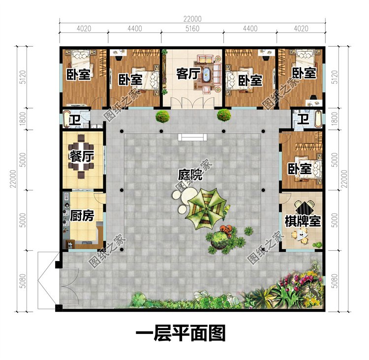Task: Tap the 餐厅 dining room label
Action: pos(81,156)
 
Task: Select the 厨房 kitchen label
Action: pos(82,215)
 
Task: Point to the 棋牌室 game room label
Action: pos(303,221)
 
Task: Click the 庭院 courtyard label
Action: pos(190,175)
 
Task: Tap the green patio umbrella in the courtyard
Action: pos(206,208)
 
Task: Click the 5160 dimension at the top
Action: pos(192,29)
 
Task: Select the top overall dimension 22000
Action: pos(192,19)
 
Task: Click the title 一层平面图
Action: pos(181,333)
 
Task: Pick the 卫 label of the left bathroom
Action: pos(75,120)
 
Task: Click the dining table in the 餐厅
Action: pos(81,156)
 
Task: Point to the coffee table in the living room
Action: pos(207,74)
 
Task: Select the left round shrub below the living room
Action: pos(162,116)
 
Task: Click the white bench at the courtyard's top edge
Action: pos(192,137)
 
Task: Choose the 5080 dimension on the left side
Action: pos(23,281)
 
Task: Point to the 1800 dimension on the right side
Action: pos(335,119)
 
